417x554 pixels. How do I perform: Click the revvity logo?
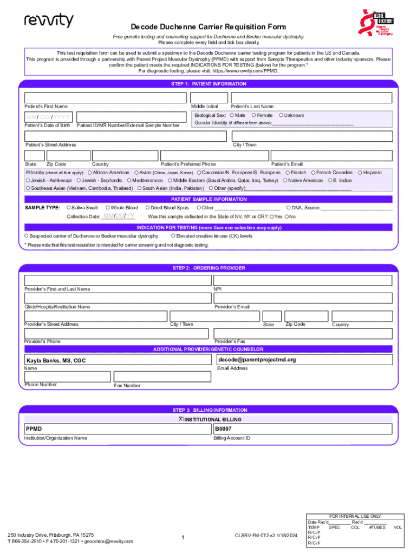click(x=49, y=21)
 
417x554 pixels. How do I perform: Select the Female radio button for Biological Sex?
click(x=254, y=115)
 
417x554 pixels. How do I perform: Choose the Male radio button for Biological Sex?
click(x=232, y=115)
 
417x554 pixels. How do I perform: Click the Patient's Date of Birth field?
click(x=48, y=117)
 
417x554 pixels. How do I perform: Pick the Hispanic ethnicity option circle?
click(x=359, y=173)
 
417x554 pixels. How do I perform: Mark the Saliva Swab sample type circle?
click(x=68, y=208)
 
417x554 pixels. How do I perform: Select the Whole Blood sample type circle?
click(x=108, y=208)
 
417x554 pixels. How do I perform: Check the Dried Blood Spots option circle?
click(x=148, y=208)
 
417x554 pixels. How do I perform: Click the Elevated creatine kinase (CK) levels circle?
click(x=173, y=236)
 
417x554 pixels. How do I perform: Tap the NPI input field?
click(x=302, y=280)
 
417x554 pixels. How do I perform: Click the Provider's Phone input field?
click(x=116, y=333)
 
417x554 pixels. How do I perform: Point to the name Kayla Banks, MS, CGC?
click(x=56, y=360)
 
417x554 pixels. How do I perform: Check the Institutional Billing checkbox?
click(x=181, y=419)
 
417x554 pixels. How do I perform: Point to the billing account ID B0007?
click(x=223, y=429)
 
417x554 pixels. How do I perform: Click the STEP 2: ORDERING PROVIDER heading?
click(x=208, y=268)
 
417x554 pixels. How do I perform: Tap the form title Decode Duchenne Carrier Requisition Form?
click(x=208, y=27)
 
